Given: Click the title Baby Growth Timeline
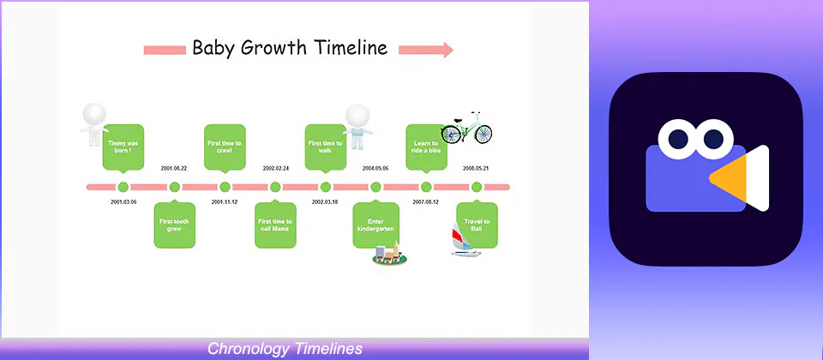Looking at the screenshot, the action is pos(290,48).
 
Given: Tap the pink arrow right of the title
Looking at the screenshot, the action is pos(426,50).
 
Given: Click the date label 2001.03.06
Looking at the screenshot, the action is pos(123,202).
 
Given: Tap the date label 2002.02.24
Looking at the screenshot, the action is pos(275,169).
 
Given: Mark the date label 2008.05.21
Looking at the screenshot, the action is pos(476,169).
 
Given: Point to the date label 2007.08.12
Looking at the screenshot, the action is pos(426,202).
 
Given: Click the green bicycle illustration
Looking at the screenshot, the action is pos(466,128).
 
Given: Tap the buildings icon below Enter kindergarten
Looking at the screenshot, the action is pos(390,254).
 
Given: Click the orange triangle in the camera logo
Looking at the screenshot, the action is pos(729,178).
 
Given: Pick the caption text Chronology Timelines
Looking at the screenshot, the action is pos(285,349).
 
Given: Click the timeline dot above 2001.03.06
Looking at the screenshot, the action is pos(123,187).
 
